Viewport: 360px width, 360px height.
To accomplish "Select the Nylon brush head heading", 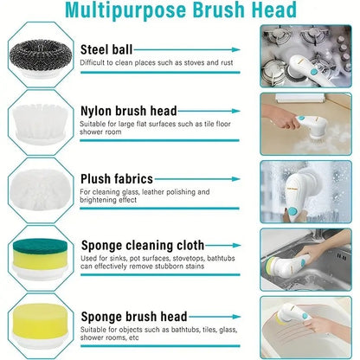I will tap(140, 111).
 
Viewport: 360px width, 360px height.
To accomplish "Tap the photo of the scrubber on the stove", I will tap(307, 56).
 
